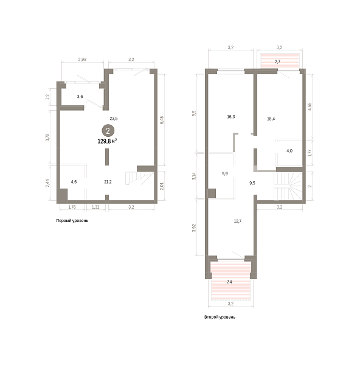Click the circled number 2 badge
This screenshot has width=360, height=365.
(108, 131)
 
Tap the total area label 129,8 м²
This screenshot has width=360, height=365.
(107, 141)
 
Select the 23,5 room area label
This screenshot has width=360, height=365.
(114, 119)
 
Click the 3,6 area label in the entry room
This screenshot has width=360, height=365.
(80, 96)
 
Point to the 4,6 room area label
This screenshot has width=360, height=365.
(74, 182)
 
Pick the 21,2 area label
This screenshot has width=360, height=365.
(108, 182)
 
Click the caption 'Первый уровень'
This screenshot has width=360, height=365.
(72, 220)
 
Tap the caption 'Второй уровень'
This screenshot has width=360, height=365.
(220, 317)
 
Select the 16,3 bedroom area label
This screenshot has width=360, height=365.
(231, 117)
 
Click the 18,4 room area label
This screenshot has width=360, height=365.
(271, 119)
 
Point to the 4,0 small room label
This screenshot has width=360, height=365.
(289, 151)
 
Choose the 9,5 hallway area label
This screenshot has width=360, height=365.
(252, 183)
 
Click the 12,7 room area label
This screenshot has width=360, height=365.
(238, 221)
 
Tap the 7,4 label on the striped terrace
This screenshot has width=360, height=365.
(229, 282)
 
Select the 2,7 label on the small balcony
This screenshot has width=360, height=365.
(277, 61)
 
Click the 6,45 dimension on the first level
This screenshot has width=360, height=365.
(162, 120)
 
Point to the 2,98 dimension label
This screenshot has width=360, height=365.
(82, 60)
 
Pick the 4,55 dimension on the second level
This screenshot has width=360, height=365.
(310, 106)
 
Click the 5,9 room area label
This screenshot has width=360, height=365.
(225, 173)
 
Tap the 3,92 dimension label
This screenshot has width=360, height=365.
(194, 228)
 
